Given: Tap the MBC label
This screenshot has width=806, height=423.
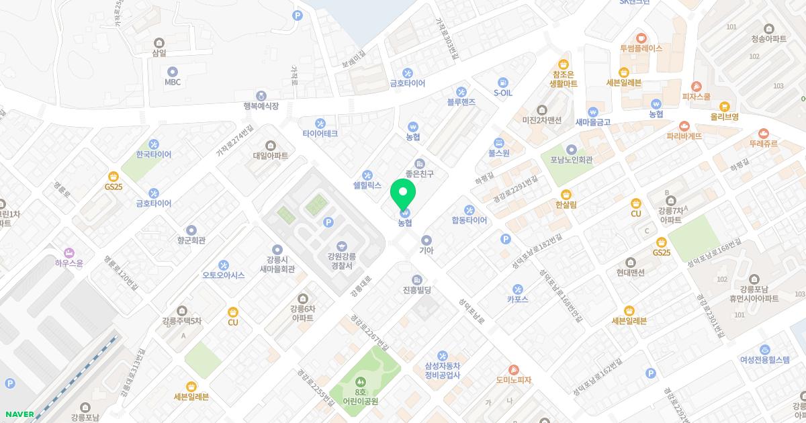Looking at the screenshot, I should pos(173,82).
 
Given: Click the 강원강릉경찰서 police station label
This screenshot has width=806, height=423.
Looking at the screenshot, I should pos(342,261).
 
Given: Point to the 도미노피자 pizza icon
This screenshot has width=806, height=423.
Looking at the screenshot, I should pos(514,369).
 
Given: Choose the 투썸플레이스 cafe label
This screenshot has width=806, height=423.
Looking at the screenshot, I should pos(641,48).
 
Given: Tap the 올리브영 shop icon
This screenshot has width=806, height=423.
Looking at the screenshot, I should pos(724,106).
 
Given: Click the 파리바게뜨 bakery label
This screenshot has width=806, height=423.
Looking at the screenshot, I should pos(684,136).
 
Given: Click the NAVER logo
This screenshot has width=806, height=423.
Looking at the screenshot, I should pos(18,414).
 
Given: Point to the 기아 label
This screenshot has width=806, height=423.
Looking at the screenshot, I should pos(427,250).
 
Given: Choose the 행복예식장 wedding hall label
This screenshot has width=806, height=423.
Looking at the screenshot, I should pos(261,106).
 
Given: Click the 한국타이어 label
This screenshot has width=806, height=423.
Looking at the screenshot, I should pos(154,154).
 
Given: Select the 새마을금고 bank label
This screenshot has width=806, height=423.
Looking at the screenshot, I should pos(592,122).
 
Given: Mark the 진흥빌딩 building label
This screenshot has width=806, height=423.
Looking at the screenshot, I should pos(416,290).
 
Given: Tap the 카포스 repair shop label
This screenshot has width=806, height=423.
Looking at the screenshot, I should pos(517,299).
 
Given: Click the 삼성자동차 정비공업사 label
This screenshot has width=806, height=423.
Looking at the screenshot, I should pos(442,371).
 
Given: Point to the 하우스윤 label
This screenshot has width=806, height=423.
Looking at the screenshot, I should pos(69,263).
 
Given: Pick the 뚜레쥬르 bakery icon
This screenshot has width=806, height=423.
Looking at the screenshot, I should pos(763,133).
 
